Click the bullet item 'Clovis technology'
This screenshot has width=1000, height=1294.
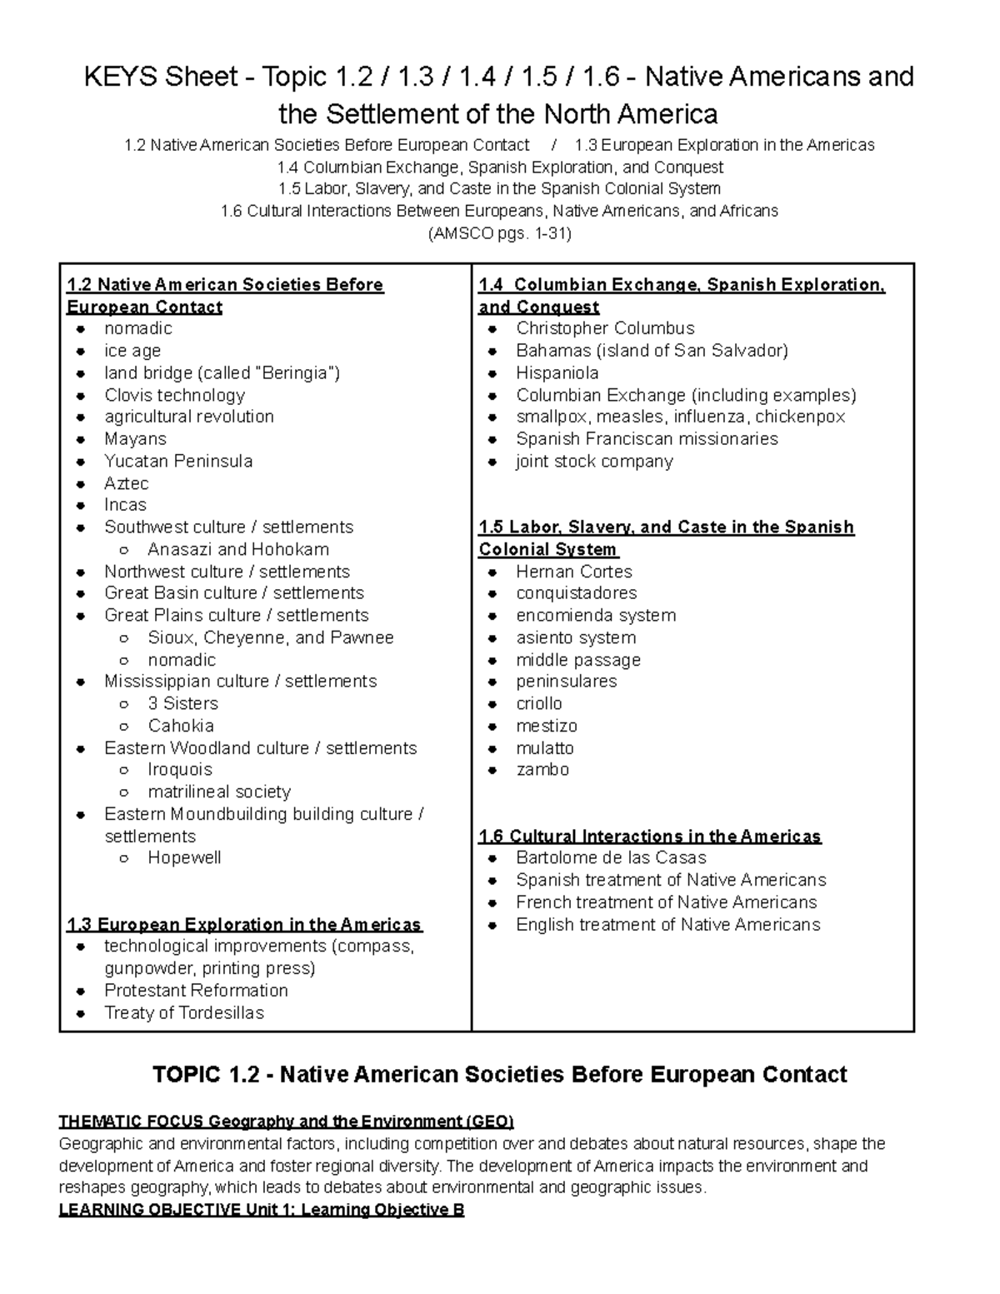tap(174, 395)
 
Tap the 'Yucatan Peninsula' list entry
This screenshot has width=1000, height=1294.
tap(178, 461)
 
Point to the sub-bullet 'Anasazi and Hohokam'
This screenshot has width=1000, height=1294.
tap(238, 549)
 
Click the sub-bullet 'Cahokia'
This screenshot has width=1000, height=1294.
tap(181, 726)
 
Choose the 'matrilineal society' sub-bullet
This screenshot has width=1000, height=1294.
tap(219, 792)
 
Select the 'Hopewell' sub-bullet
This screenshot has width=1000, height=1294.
tap(184, 857)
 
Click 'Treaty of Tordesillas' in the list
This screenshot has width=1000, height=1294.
tap(184, 1012)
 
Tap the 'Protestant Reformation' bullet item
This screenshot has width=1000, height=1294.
tap(196, 990)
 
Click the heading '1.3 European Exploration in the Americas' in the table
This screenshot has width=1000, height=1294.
tap(244, 924)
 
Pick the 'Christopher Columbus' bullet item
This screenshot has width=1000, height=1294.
tap(605, 328)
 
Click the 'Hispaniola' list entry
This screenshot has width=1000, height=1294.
tap(557, 372)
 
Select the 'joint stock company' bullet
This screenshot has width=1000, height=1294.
tap(594, 461)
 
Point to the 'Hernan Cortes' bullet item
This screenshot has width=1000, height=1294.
tap(574, 572)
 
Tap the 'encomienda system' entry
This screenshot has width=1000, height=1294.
tap(596, 615)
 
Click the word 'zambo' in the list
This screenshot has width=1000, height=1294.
tap(542, 769)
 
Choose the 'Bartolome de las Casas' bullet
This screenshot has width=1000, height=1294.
tap(611, 857)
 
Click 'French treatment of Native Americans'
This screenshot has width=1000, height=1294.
tap(667, 902)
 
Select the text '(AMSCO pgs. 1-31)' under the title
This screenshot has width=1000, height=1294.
tap(499, 233)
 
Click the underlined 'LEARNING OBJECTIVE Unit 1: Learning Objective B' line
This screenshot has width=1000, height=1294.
tap(262, 1209)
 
